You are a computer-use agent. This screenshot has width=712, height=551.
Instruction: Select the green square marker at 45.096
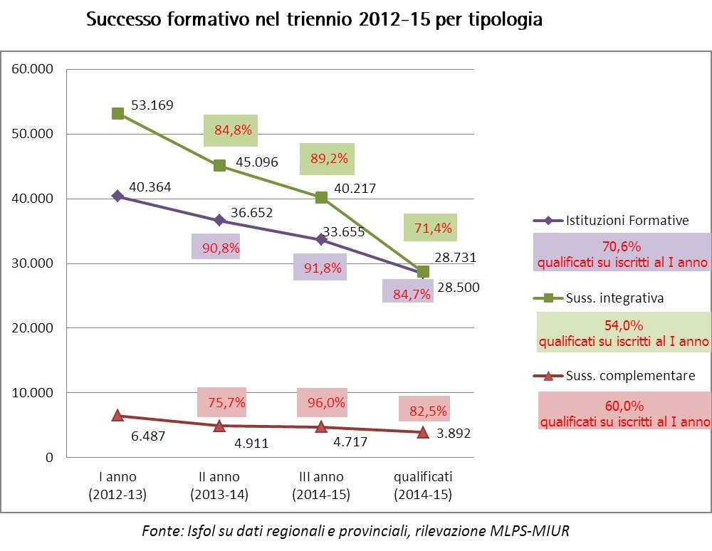coord(219,165)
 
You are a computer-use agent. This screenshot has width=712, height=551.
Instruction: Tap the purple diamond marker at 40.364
coord(117,196)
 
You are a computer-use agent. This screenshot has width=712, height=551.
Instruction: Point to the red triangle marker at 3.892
coord(423,432)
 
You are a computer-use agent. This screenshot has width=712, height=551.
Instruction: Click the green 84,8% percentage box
coord(230,130)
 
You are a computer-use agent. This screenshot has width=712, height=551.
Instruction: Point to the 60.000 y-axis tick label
coord(32,69)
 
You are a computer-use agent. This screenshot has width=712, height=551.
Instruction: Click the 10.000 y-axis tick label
coord(32,393)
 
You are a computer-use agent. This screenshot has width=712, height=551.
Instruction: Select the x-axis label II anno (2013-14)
coord(219,486)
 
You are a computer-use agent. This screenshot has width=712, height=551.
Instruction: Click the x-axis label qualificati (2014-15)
coord(423,486)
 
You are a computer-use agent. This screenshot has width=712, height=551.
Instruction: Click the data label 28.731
coord(456,258)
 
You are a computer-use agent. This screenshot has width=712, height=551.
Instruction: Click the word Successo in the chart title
coord(120,19)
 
